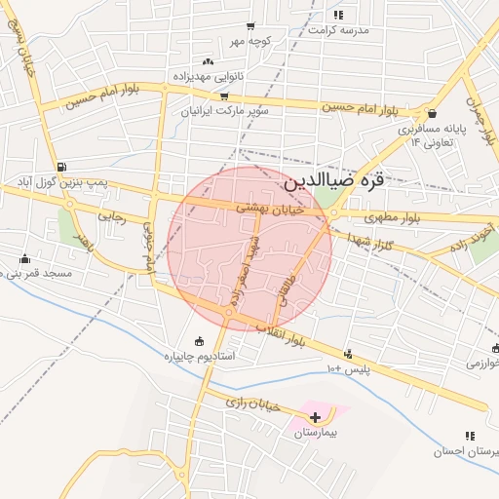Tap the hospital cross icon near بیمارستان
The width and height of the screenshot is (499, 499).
tap(314, 417)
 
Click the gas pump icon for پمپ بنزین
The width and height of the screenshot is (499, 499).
tap(62, 167)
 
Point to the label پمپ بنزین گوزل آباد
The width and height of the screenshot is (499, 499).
tap(61, 182)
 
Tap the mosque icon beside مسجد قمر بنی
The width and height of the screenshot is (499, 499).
tap(25, 258)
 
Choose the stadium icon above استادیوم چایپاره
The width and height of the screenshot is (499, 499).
tap(199, 341)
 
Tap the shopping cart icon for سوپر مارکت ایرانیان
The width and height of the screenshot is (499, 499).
tap(224, 96)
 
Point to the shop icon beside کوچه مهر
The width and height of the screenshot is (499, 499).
tap(250, 26)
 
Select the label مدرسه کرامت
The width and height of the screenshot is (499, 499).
tap(338, 30)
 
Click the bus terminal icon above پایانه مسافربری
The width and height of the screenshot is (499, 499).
tap(431, 113)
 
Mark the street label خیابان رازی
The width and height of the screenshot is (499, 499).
tap(253, 403)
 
